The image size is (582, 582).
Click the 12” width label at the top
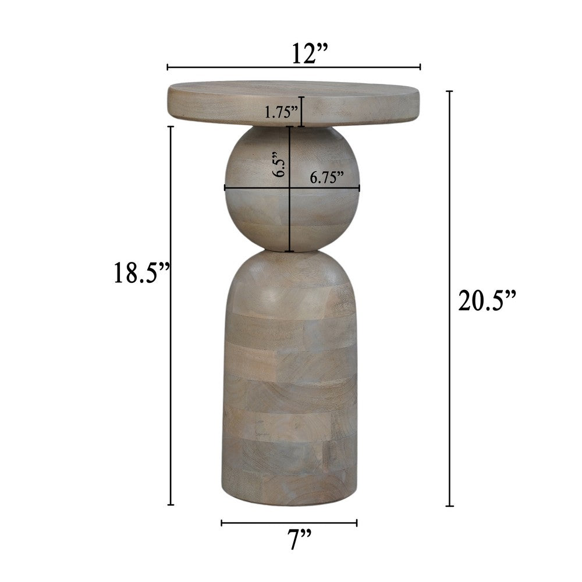click(x=310, y=53)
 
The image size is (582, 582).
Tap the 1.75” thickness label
click(x=281, y=112)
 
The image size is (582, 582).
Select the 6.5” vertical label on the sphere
click(x=279, y=164)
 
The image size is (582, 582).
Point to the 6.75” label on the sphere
click(x=327, y=178)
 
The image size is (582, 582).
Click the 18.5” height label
click(x=141, y=272)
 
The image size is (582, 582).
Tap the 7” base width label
click(x=299, y=539)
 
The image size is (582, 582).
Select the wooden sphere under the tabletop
click(x=292, y=189)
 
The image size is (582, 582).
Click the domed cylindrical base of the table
click(x=290, y=378)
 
